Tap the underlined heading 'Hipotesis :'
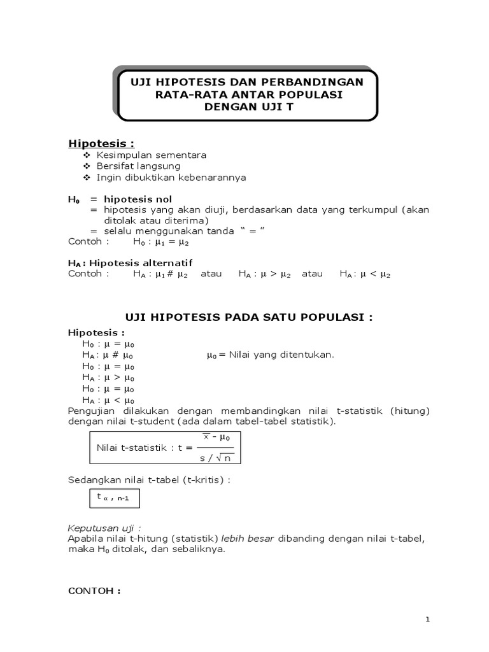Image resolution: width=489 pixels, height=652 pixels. click(101, 143)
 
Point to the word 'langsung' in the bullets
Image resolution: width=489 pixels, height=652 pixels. click(160, 166)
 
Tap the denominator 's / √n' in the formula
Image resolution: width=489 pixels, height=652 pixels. click(217, 457)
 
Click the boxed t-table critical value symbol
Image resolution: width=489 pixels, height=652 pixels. click(113, 497)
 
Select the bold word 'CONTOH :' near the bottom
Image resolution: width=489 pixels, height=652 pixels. click(94, 590)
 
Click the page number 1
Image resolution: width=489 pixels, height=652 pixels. click(429, 619)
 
